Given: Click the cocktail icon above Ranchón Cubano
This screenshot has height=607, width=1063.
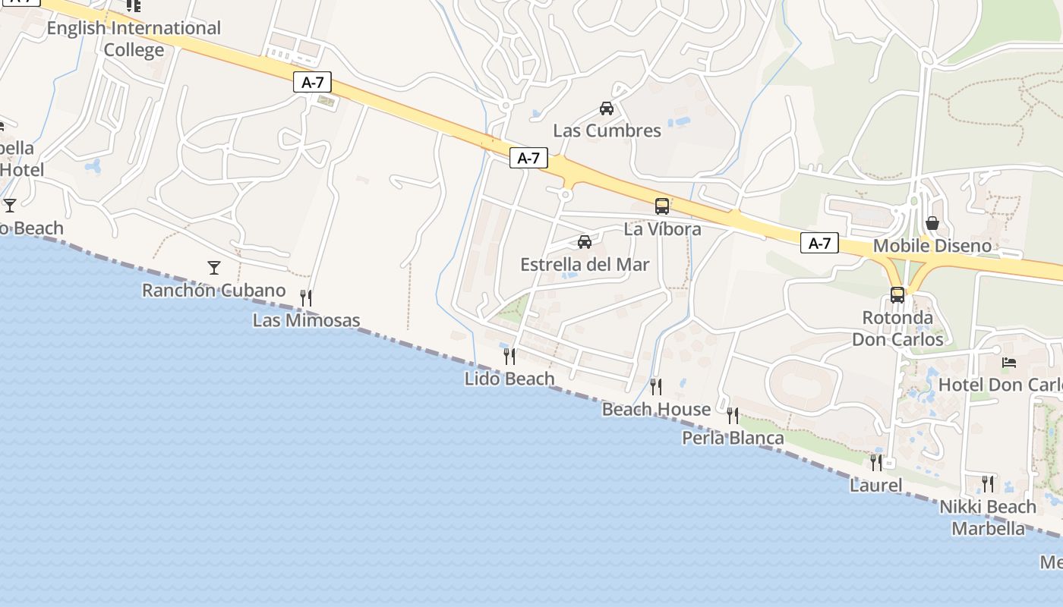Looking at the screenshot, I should click(x=214, y=267).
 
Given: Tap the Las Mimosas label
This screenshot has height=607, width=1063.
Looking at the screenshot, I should click(x=306, y=320).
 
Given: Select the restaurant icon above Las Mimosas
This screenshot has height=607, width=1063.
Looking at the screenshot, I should click(x=306, y=297).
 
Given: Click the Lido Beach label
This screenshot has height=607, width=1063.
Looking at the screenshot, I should click(x=509, y=378).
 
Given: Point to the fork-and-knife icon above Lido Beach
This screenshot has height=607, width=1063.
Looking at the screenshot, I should click(x=509, y=356).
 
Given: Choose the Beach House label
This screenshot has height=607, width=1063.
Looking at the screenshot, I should click(x=656, y=410).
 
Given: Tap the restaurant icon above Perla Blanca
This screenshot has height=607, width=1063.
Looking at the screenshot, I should click(x=733, y=415).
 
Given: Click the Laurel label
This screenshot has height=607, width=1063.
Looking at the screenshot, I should click(x=875, y=486).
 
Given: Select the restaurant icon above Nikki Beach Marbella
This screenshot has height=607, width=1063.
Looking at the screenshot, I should click(x=988, y=483).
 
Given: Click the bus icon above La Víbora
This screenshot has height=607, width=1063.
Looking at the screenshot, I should click(x=662, y=206).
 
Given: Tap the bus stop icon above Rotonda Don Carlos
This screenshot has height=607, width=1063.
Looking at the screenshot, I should click(x=897, y=294).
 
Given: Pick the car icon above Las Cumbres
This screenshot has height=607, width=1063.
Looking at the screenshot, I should click(x=607, y=108).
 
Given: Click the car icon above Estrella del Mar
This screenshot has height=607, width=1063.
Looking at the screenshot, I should click(x=585, y=242).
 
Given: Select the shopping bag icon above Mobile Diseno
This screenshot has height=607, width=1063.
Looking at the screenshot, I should click(x=932, y=223).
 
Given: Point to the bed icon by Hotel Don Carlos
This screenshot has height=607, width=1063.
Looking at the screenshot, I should click(x=1009, y=363).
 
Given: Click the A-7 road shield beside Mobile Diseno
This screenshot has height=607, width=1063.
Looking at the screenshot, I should click(x=819, y=244).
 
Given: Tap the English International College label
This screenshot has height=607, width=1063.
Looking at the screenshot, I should click(x=134, y=39).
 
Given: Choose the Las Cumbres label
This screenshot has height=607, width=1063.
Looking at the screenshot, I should click(x=607, y=131).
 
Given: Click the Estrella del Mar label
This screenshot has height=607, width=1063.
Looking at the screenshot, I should click(x=585, y=265).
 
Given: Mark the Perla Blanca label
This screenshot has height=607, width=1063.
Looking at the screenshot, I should click(x=733, y=438).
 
